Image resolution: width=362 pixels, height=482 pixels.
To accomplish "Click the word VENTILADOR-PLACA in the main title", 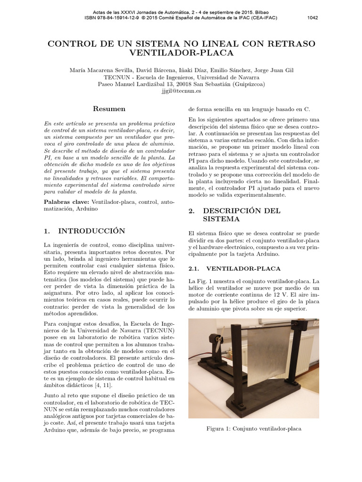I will point(181,54).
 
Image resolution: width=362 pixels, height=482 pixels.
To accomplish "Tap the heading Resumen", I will point(109,109).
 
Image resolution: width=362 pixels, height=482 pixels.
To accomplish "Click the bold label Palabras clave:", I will point(66,201).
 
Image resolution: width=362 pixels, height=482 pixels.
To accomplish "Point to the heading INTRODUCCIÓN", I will point(91,231).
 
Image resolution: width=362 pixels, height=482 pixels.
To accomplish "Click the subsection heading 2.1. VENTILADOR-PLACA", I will point(234,268).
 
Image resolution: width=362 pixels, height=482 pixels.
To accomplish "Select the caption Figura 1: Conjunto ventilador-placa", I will point(254,429).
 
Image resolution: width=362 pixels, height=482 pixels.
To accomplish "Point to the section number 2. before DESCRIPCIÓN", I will point(191,211).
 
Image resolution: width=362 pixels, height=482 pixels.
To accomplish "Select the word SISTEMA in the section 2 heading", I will point(220,219).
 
